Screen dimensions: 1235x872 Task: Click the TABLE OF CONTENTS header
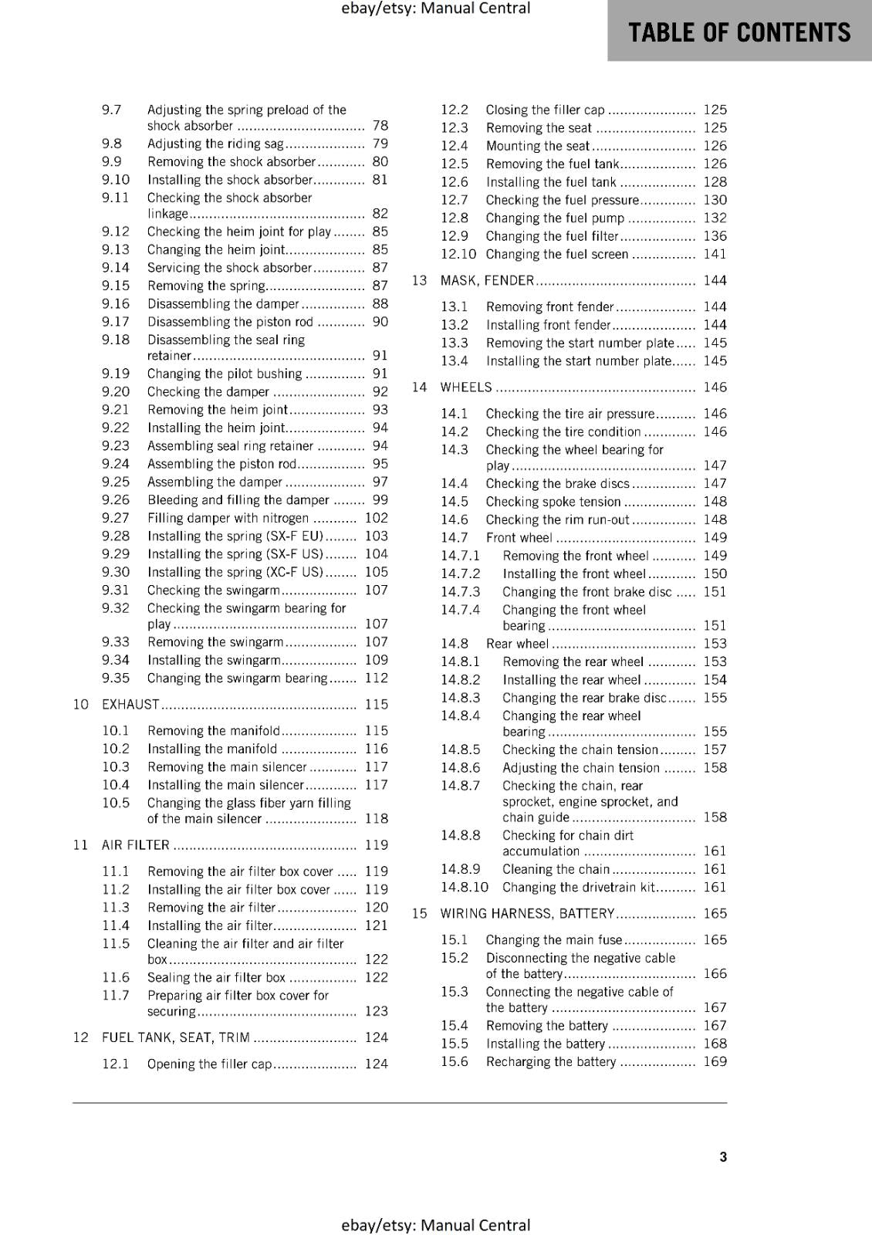(x=739, y=32)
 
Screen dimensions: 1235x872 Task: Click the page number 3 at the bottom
(x=723, y=1156)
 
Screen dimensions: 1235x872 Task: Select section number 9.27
(x=116, y=518)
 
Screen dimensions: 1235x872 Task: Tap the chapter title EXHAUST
(x=130, y=704)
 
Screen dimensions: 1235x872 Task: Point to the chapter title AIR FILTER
(x=135, y=844)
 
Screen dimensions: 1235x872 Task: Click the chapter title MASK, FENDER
(x=487, y=280)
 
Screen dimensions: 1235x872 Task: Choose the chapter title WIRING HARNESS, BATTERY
(x=527, y=913)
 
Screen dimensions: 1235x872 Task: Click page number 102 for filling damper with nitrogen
(x=377, y=518)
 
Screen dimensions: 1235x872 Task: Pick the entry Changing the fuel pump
(x=555, y=218)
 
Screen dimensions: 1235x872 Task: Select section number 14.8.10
(x=465, y=887)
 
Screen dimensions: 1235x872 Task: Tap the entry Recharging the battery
(x=551, y=1061)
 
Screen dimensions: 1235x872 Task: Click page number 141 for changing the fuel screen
(x=715, y=254)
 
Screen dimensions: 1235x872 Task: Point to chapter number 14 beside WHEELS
(x=419, y=387)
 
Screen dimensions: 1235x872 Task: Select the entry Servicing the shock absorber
(x=229, y=267)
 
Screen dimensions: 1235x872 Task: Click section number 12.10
(x=458, y=254)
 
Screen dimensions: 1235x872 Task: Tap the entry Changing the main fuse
(x=553, y=939)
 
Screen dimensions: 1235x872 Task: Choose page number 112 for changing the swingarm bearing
(x=377, y=678)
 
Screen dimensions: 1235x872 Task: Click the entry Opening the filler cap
(x=209, y=1064)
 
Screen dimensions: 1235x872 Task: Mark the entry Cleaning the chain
(x=556, y=868)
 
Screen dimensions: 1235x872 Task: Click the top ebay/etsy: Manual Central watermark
(x=435, y=8)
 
